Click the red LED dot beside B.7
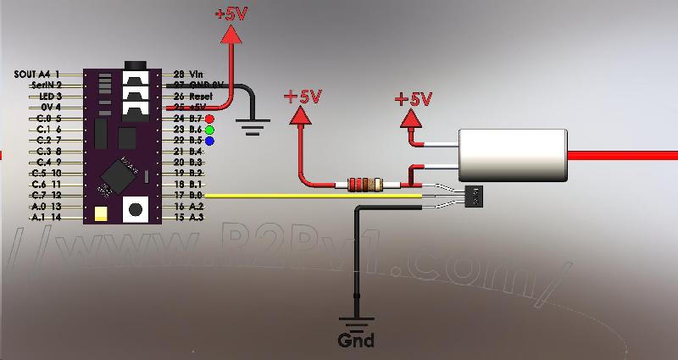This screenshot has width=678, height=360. (208, 118)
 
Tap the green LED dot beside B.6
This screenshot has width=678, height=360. (208, 130)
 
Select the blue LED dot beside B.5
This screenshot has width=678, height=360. (208, 141)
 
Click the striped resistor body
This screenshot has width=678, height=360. (362, 184)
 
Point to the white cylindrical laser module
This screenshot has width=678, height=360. (513, 155)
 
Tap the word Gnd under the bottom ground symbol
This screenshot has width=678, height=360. (356, 341)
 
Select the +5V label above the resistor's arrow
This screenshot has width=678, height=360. (303, 96)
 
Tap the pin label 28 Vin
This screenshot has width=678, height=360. (189, 75)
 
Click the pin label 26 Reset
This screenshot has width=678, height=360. (191, 97)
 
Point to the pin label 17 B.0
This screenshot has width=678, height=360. (188, 196)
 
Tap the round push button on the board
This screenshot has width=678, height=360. (135, 209)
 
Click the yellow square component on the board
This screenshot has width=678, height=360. (101, 213)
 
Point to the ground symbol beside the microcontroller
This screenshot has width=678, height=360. (251, 127)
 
